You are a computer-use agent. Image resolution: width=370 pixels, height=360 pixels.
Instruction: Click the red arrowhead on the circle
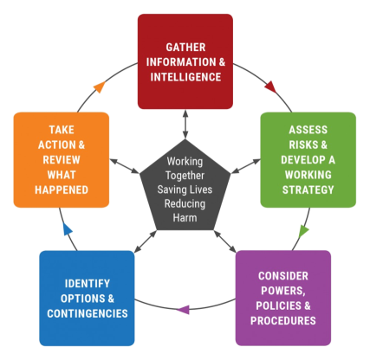point(271,87)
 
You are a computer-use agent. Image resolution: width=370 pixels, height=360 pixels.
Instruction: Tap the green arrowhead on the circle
point(303,230)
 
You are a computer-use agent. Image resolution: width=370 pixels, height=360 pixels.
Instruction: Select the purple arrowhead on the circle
point(184,310)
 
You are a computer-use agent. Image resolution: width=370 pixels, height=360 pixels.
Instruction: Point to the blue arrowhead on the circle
point(68,229)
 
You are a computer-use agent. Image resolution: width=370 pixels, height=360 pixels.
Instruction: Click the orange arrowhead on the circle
point(100,87)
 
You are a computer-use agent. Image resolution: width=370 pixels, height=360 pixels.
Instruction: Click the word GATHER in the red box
point(185,48)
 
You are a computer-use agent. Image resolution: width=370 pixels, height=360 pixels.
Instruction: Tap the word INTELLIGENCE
point(185,77)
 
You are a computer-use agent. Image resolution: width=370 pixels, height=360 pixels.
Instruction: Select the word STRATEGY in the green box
point(308,190)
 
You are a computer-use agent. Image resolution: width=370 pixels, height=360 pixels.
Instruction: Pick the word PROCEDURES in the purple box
point(283,320)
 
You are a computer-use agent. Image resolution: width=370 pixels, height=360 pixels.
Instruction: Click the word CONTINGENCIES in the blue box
point(88,313)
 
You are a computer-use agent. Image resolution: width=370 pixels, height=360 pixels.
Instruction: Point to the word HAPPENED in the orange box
point(62,190)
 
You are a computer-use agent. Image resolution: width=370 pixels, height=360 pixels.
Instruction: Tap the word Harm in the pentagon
point(185,217)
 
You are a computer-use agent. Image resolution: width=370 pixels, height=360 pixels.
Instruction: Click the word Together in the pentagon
point(185,176)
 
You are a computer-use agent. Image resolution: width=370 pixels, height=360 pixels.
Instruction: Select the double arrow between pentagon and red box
point(185,124)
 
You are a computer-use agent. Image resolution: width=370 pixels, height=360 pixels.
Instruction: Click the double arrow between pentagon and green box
point(246,166)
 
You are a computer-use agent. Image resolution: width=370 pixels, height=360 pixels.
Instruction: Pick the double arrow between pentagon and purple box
point(224,241)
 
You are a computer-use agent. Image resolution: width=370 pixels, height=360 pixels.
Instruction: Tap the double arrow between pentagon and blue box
point(146,241)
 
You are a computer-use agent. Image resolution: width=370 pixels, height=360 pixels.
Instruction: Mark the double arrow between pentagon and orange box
point(125,166)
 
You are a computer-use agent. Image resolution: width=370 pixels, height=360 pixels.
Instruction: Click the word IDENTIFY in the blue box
point(88,284)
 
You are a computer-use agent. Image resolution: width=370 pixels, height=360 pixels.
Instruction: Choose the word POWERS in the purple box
point(283,291)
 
